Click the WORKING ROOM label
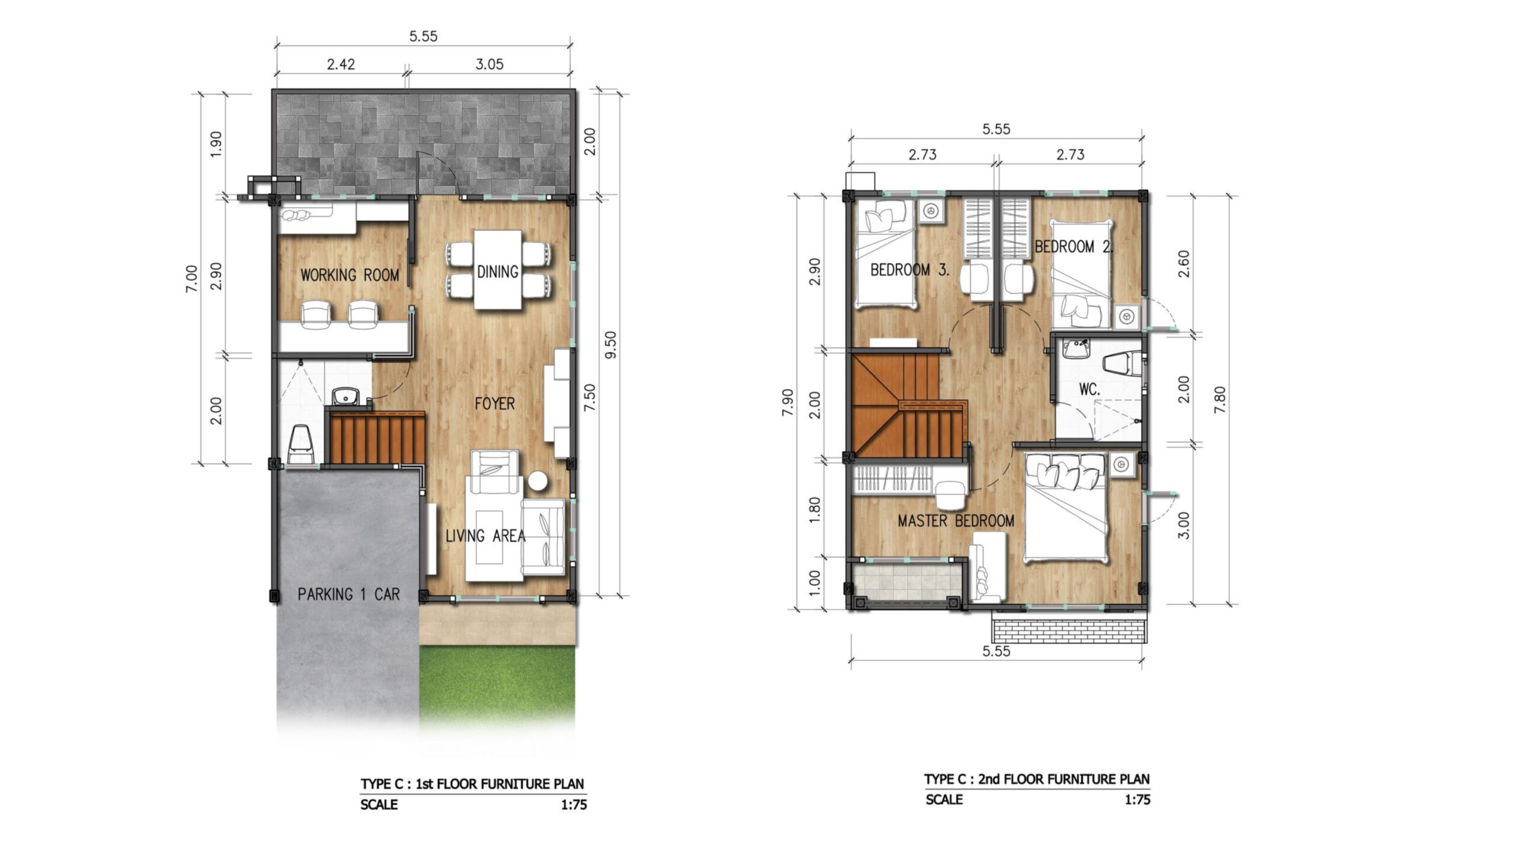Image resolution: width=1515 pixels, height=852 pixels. click(349, 275)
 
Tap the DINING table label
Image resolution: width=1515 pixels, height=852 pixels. click(498, 272)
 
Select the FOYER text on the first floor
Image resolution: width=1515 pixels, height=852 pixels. click(495, 404)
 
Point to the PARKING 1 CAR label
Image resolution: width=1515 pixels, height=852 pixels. click(349, 594)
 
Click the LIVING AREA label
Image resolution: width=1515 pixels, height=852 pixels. click(485, 536)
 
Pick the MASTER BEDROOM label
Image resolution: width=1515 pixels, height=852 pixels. click(956, 521)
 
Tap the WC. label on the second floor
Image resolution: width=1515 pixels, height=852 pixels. click(1089, 389)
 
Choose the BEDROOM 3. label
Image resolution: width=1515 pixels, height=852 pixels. click(910, 270)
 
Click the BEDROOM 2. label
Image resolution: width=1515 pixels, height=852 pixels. click(1074, 247)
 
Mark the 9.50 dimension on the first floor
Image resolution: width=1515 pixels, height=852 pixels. click(611, 344)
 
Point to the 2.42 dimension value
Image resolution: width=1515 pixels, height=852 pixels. click(341, 64)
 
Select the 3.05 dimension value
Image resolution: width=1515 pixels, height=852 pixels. click(489, 64)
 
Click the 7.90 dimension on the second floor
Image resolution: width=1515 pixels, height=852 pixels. click(788, 402)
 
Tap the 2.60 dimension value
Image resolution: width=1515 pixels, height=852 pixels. click(1184, 264)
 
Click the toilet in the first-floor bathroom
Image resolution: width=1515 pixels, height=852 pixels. click(301, 444)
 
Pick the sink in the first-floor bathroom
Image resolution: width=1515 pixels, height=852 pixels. click(342, 396)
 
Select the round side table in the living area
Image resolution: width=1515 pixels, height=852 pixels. click(539, 481)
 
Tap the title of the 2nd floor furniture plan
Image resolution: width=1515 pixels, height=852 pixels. click(1037, 779)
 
